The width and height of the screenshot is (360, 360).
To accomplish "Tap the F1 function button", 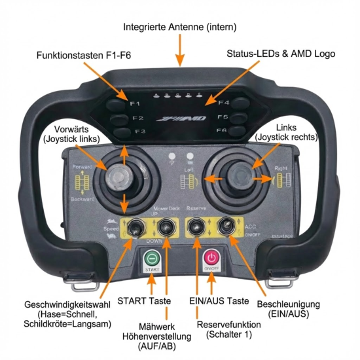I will point(118,103).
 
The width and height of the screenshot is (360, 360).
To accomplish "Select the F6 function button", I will point(240,131).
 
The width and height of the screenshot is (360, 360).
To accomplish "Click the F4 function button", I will point(240,103).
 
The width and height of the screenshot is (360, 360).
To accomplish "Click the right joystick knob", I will point(239,175).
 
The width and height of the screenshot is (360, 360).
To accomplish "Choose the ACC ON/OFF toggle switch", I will point(226,226).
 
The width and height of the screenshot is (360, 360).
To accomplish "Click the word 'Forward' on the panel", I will point(82,167).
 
